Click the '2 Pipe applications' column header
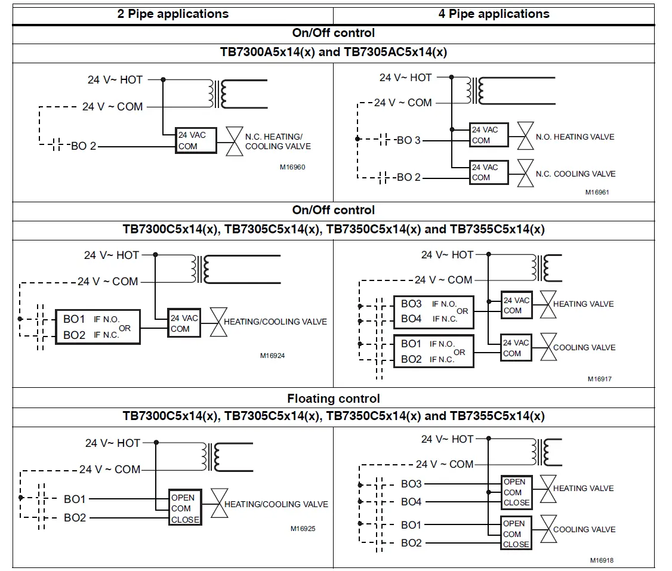pos(172,14)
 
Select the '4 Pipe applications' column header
pos(494,14)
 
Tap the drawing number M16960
pos(292,167)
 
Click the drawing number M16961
pos(597,192)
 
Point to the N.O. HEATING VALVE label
pos(575,137)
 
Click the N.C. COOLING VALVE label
pos(575,174)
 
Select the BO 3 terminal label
pos(408,140)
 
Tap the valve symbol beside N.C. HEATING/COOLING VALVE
pos(235,141)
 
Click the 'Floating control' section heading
pos(334,399)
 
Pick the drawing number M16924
pos(272,356)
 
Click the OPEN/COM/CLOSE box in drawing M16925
pos(185,508)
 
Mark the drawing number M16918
pos(602,560)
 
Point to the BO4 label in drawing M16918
pos(411,502)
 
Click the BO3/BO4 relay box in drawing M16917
pos(434,312)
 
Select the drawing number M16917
pos(600,379)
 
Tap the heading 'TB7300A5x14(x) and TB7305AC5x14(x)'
pos(334,52)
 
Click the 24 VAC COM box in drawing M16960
pos(196,140)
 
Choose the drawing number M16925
pos(303,529)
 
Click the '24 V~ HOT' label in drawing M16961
pos(405,78)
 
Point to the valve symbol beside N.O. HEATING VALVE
pos(525,136)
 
